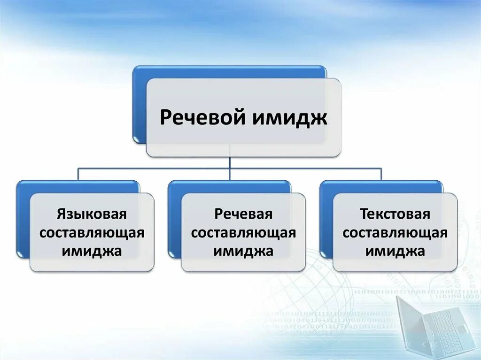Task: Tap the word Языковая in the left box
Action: tap(92, 214)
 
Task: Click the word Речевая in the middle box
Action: tap(243, 214)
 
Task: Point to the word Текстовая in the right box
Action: tap(395, 214)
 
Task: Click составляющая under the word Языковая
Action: tap(92, 233)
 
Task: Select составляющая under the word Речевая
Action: tap(243, 233)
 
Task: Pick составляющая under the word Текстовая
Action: tap(395, 233)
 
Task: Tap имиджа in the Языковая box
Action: tap(92, 251)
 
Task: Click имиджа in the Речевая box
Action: tap(243, 251)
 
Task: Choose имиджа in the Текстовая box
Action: tap(395, 251)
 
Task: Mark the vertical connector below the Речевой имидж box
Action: tap(230, 162)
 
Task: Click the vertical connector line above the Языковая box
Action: tap(78, 174)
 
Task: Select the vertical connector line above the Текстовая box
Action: tap(381, 174)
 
